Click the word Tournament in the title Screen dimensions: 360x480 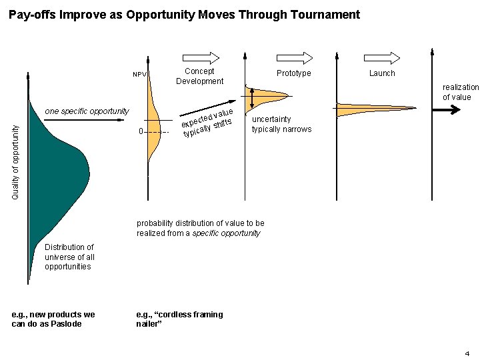325,15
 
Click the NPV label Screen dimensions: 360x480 139,75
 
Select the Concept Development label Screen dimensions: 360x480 199,76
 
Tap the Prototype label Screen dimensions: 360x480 294,73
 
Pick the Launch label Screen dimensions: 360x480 382,73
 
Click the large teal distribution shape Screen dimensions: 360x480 57,173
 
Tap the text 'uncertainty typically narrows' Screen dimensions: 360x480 281,124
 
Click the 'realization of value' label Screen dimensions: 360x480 460,92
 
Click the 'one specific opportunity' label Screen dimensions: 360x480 87,111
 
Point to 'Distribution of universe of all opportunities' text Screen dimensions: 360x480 69,257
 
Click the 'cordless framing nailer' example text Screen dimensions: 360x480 179,319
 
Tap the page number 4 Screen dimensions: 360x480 467,353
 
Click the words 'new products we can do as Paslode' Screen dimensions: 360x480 53,319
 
